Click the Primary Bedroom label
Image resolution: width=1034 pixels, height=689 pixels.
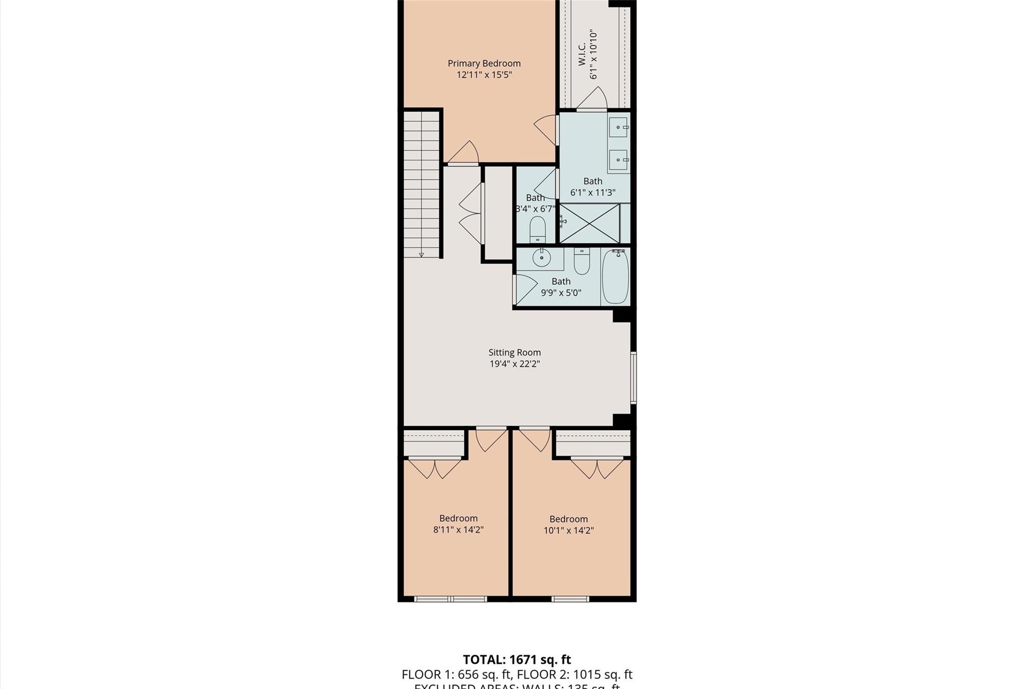coord(484,63)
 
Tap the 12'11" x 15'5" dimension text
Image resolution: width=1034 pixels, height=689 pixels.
coord(484,75)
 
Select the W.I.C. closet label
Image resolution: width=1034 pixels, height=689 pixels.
coord(582,55)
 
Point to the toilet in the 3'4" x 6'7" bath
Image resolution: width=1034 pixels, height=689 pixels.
coord(537,230)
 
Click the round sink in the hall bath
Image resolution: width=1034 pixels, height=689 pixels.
coord(541,258)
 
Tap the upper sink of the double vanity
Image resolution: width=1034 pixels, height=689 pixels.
coord(618,127)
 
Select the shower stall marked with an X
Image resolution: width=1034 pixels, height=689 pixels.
coord(590,223)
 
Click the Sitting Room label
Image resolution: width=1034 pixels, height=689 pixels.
coord(514,352)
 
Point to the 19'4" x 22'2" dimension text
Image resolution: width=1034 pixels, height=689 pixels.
coord(514,364)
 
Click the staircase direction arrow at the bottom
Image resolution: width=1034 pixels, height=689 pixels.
coord(421,255)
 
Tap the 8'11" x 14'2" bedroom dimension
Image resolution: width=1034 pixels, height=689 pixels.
coord(458,529)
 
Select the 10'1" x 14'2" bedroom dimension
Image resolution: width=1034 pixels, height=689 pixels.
coord(568,531)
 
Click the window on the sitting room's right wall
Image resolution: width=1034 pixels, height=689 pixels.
coord(634,378)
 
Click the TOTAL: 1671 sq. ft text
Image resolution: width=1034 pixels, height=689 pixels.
coord(516,659)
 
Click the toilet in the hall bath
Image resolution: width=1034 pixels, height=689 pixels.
coord(582,261)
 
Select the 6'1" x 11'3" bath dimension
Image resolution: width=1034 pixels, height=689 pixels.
coord(593,192)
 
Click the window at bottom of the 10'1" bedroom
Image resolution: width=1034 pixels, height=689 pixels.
coord(570,599)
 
